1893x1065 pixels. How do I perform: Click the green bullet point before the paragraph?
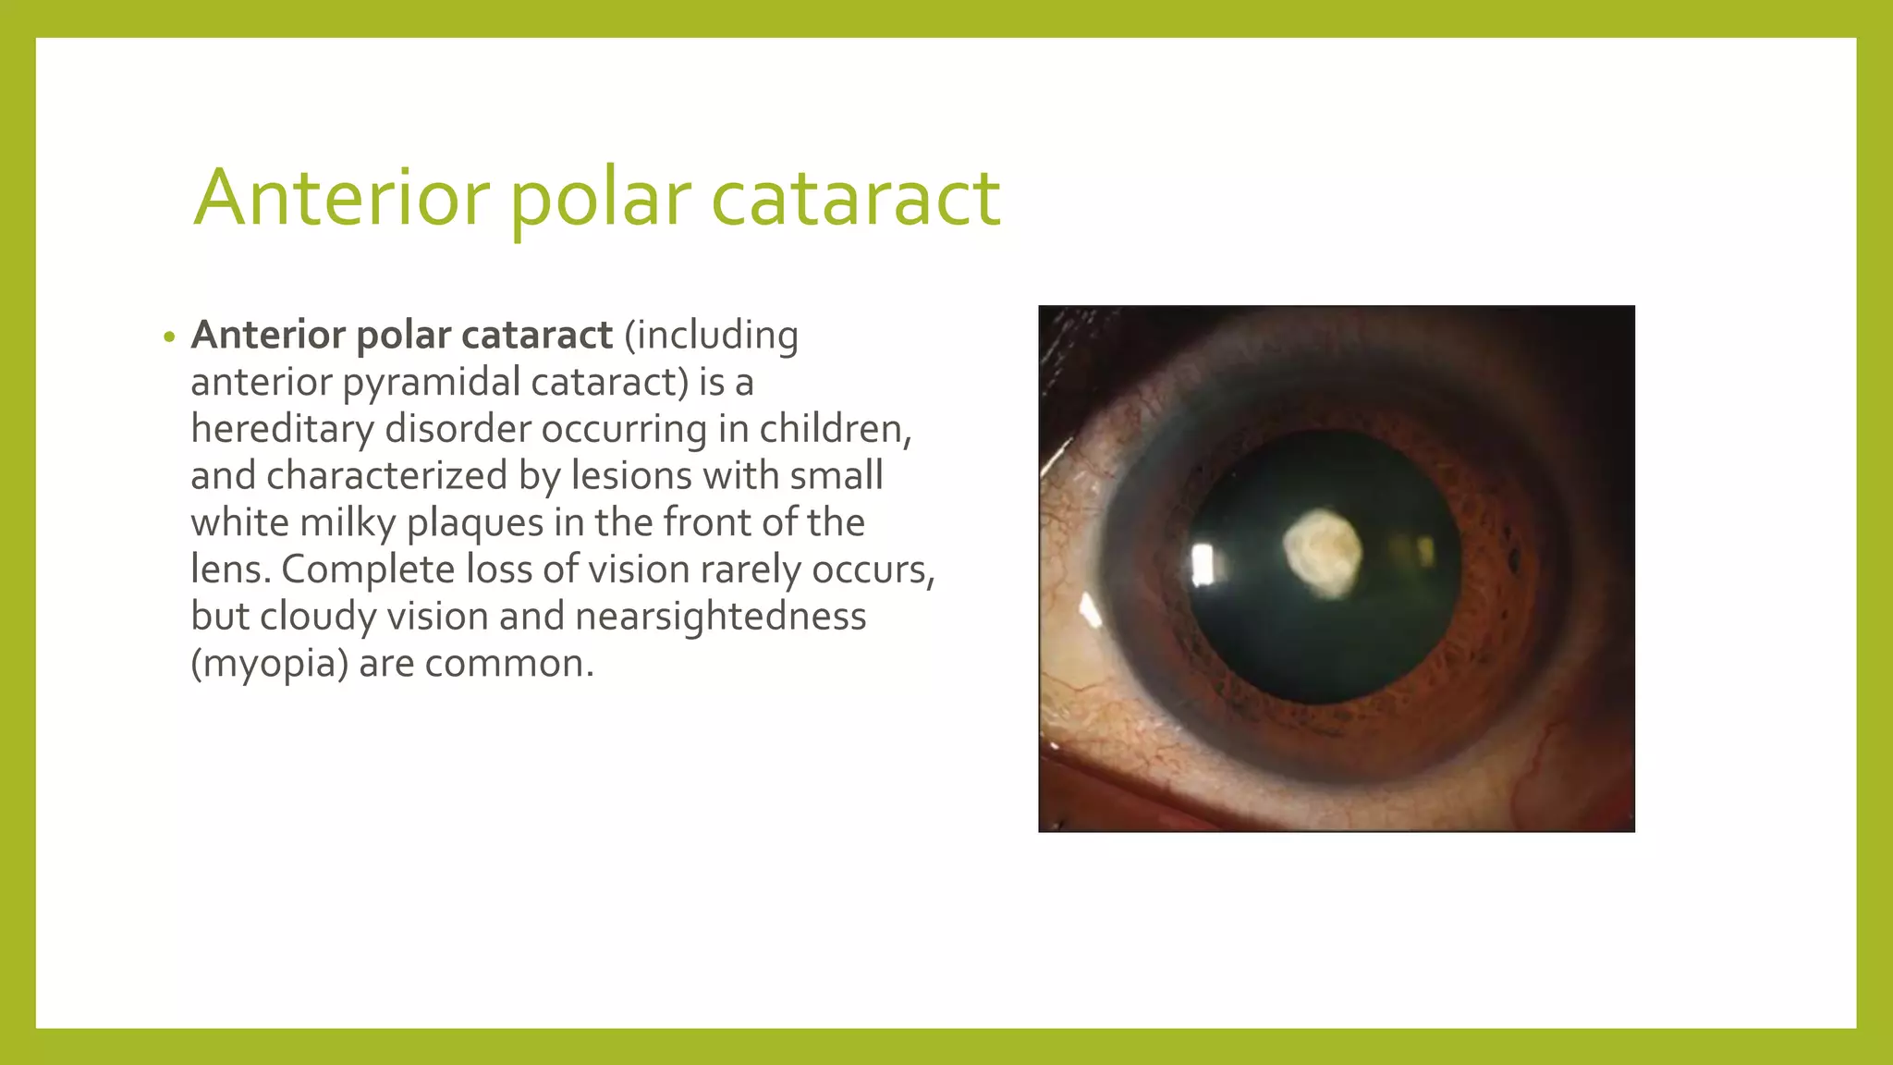(x=168, y=337)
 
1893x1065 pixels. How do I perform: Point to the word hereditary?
(x=282, y=429)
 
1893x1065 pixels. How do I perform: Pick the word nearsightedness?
(x=721, y=617)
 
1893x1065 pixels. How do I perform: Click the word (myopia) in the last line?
(x=269, y=664)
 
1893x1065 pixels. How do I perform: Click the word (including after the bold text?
(x=711, y=335)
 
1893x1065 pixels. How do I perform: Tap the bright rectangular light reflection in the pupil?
(x=1203, y=564)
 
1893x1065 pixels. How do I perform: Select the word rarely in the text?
(x=750, y=569)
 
